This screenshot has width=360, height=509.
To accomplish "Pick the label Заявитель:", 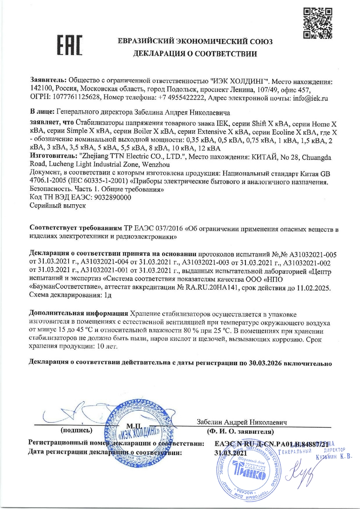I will tap(48, 81).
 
